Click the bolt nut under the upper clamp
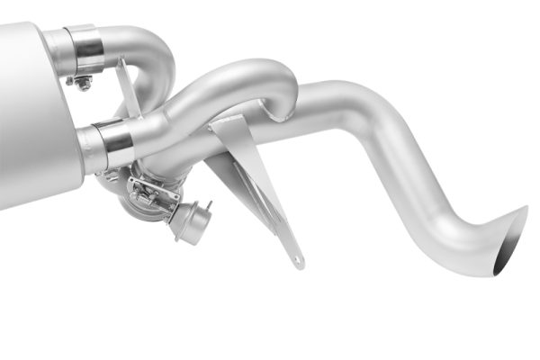point(84,84)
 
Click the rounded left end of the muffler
point(7,117)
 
